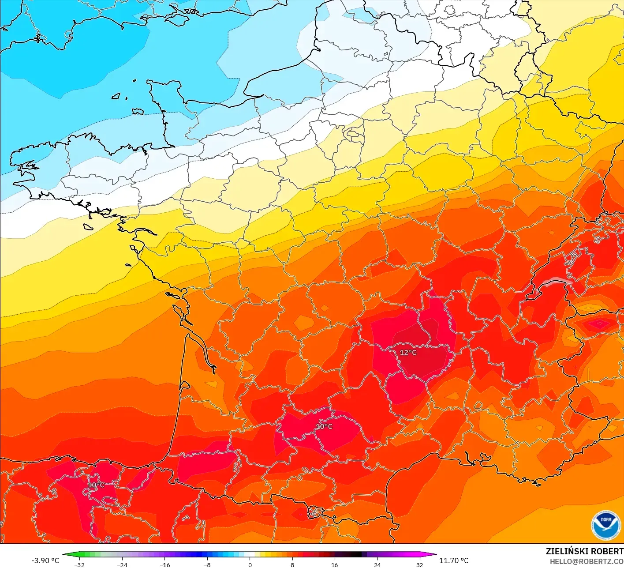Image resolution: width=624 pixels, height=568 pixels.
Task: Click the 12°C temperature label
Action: [408, 352]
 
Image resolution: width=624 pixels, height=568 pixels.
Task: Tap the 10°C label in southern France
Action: [324, 426]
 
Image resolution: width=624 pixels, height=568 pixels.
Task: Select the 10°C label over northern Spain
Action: [96, 485]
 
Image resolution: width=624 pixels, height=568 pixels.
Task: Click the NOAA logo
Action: [606, 526]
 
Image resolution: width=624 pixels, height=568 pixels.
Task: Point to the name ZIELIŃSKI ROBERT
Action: [584, 551]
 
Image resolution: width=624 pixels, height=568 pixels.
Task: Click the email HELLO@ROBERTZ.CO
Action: [587, 561]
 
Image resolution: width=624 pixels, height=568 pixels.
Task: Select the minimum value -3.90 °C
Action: [45, 560]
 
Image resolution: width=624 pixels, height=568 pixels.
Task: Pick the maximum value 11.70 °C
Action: [454, 560]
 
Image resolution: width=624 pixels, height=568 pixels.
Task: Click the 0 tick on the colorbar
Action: [250, 564]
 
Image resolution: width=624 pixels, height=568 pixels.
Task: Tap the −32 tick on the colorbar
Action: [79, 564]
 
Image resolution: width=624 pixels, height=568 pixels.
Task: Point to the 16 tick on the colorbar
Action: [335, 564]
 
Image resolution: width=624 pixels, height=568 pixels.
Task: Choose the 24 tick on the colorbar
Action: [377, 564]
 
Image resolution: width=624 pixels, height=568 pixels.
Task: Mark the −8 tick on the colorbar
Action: [207, 564]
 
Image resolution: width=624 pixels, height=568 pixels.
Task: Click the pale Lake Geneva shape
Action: [557, 282]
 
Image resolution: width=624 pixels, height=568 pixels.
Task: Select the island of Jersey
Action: [138, 111]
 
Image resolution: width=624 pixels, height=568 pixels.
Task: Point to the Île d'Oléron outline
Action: [179, 312]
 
